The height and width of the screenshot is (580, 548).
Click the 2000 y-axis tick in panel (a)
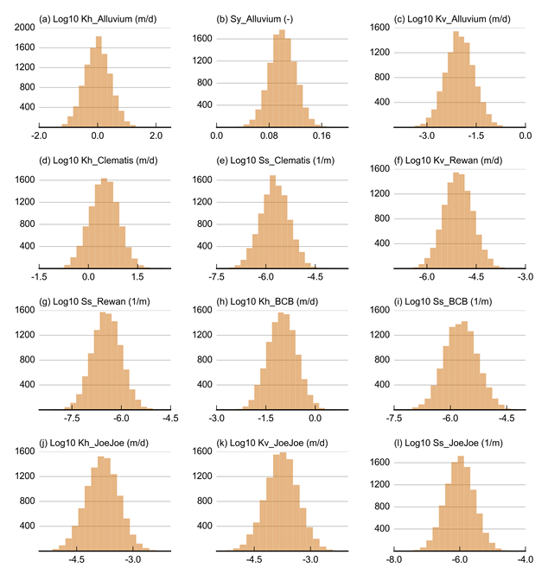point(23,27)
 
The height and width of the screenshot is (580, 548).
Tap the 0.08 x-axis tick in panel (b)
point(270,136)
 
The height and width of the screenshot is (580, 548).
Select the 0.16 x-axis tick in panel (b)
point(322,136)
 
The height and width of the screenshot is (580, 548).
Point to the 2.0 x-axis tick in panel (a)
point(156,136)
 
